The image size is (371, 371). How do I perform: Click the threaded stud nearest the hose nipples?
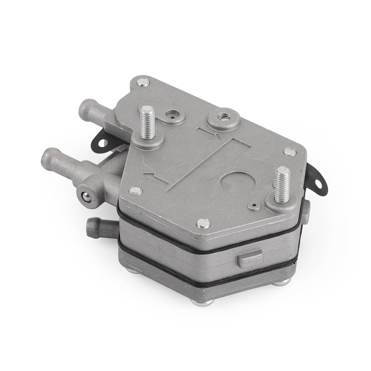(148, 121)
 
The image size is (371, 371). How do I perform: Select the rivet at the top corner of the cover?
(143, 82)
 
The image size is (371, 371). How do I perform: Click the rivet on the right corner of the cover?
(289, 152)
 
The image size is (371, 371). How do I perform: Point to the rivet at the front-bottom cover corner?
(203, 223)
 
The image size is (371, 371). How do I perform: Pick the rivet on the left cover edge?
(136, 191)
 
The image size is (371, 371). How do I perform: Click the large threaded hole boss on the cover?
(223, 117)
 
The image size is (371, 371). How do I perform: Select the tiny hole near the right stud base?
(254, 207)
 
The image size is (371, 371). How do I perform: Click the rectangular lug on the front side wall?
(250, 258)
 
